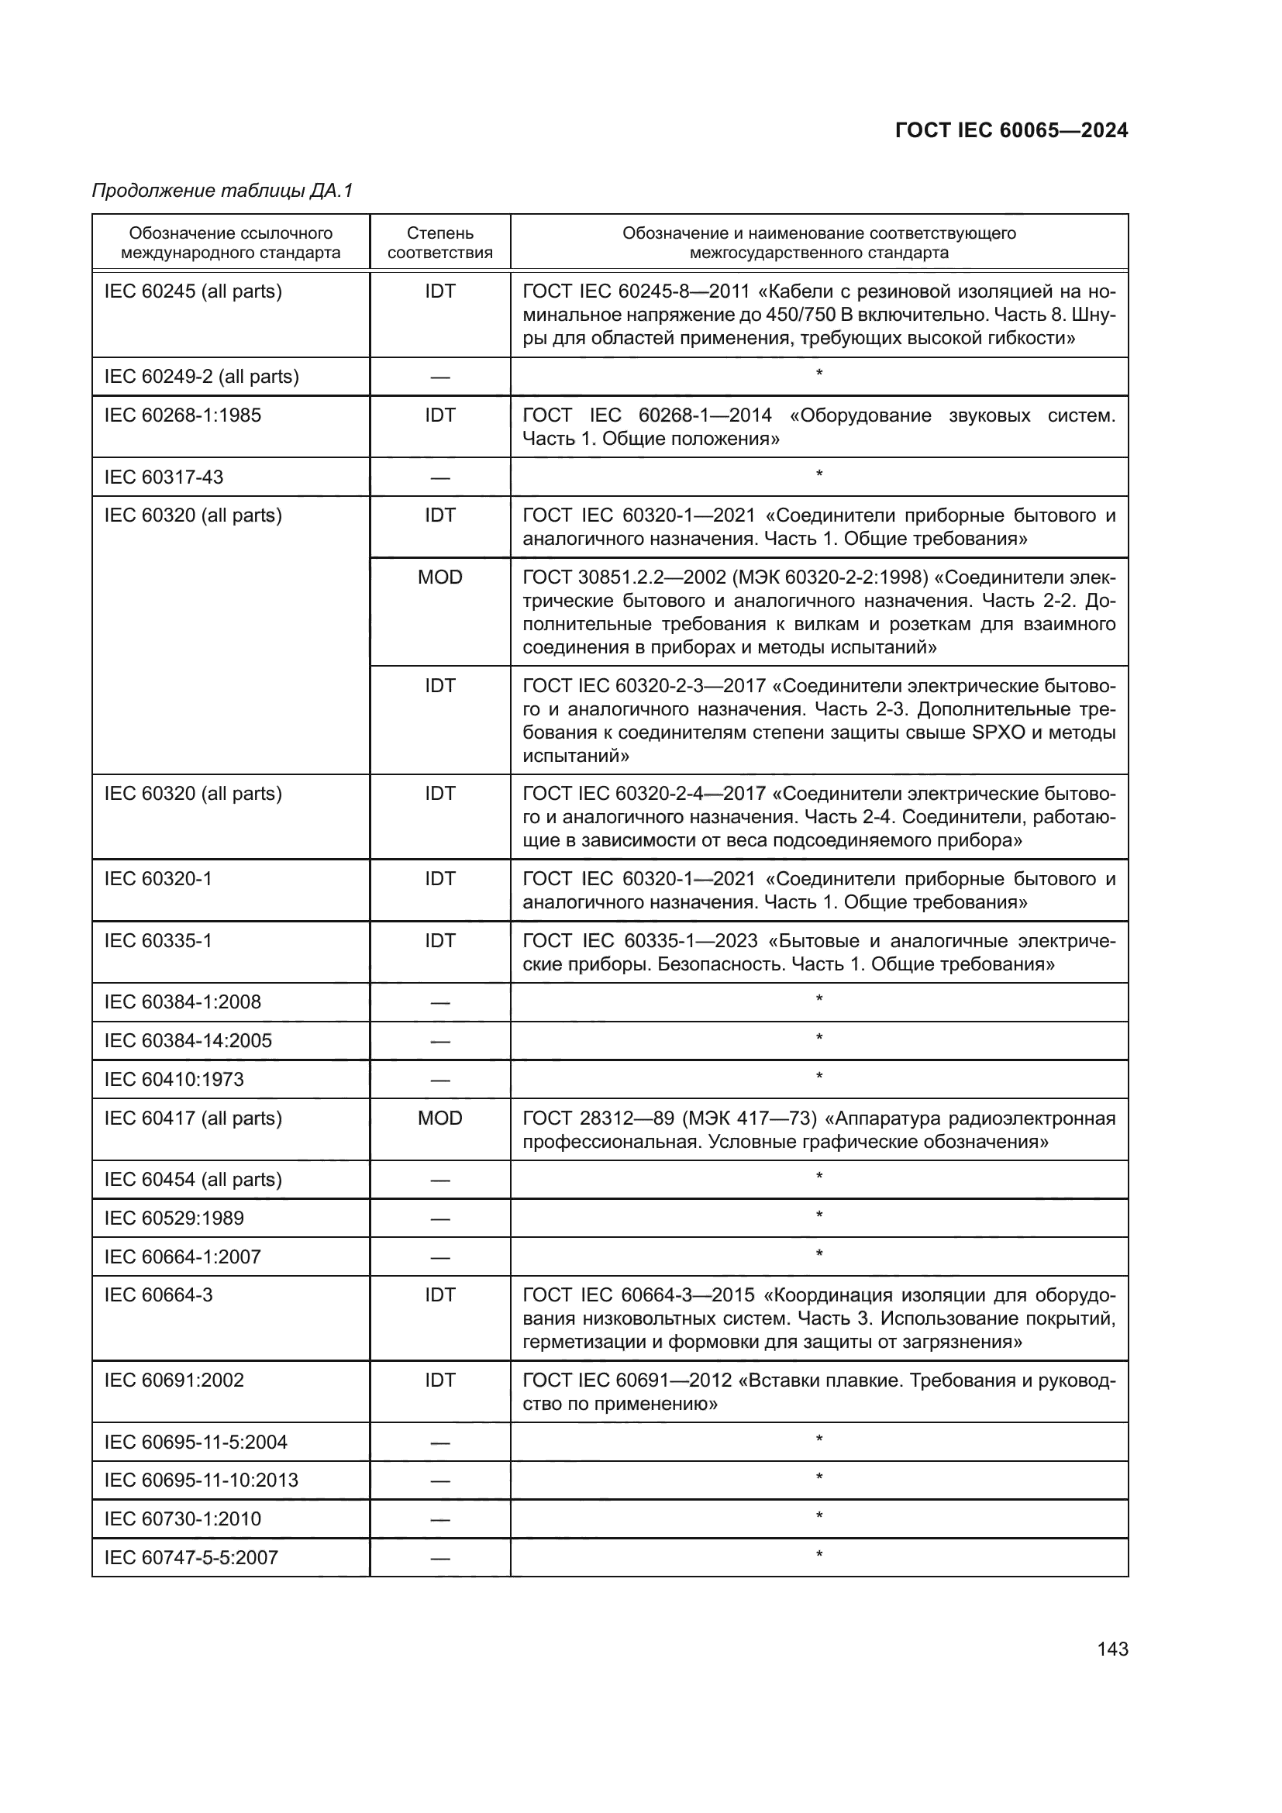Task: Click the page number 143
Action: (1111, 1649)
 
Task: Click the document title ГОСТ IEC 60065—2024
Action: (1011, 130)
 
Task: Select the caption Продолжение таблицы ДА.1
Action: (222, 191)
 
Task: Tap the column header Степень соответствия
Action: (439, 243)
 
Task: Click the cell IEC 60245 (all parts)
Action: (194, 291)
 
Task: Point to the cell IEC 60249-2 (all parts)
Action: (202, 377)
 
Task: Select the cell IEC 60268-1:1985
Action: (182, 415)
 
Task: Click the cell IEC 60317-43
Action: (164, 477)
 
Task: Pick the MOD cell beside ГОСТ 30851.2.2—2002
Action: (439, 577)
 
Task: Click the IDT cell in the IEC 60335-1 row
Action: (439, 940)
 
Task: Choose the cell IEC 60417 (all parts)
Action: (194, 1118)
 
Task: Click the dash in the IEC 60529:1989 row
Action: (439, 1218)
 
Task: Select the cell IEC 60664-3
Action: (159, 1295)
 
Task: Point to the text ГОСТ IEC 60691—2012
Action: (627, 1380)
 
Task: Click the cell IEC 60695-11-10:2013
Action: (202, 1480)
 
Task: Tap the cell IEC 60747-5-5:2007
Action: (191, 1557)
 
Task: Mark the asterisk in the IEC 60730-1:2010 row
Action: (818, 1517)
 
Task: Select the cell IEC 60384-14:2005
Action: (188, 1041)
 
